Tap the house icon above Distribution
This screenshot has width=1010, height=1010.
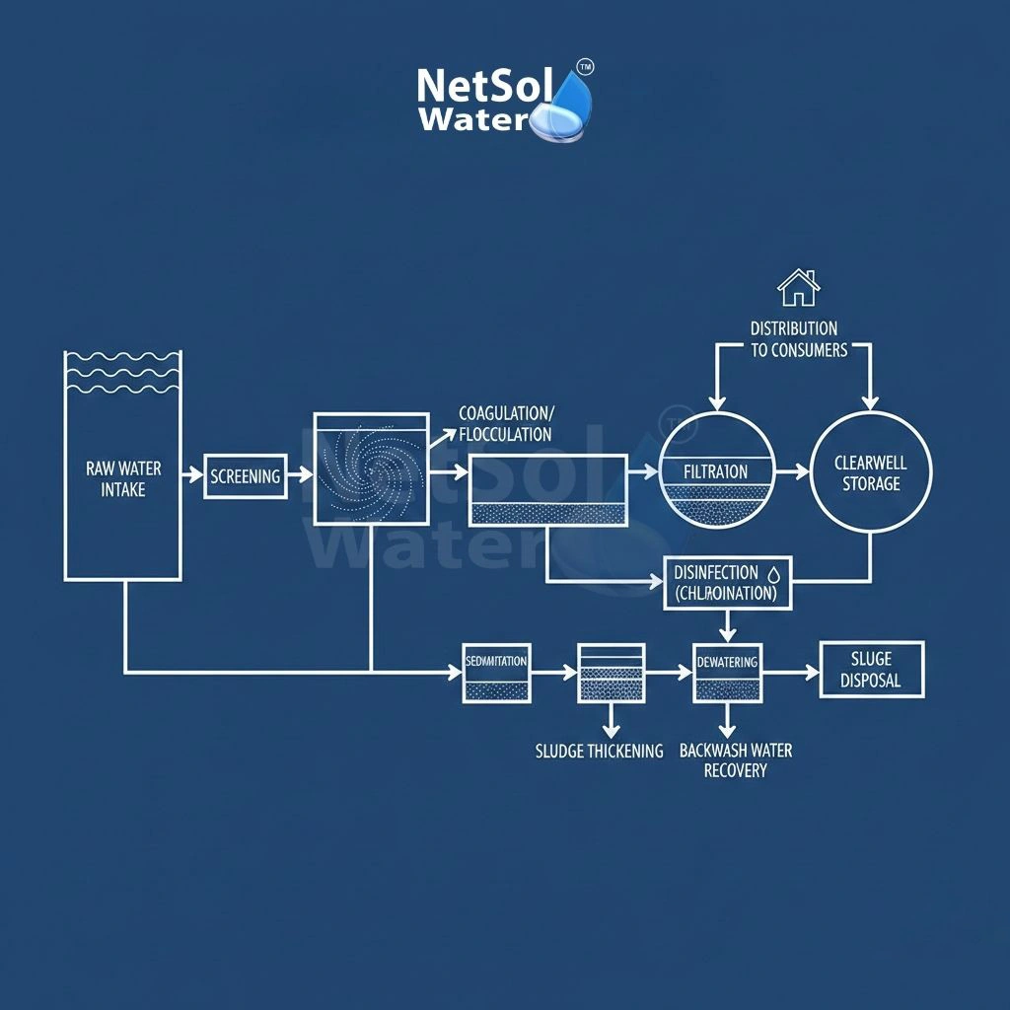798,287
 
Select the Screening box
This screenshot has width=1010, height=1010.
246,476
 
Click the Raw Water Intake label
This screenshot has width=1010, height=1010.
123,477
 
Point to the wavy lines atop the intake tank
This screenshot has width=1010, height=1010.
122,373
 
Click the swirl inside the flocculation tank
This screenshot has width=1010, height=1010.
371,469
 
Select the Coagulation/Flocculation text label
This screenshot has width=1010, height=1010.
506,423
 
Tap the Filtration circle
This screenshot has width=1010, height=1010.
717,472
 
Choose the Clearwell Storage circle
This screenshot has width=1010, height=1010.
870,473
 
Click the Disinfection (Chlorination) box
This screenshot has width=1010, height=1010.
727,583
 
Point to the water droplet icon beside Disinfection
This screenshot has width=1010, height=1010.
774,572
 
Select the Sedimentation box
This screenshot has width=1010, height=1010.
496,673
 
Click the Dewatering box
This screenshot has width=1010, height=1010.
727,673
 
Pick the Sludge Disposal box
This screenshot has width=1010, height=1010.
872,670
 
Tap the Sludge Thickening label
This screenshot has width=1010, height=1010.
600,751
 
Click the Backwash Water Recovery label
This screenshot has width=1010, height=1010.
736,759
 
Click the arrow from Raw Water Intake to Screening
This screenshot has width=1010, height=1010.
191,475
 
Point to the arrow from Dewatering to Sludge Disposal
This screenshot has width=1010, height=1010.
791,673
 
